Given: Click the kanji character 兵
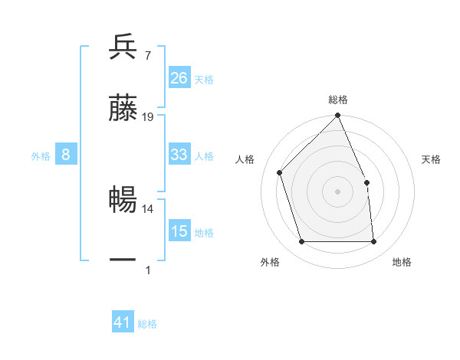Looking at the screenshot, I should coord(123,47).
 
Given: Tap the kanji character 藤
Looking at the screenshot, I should coord(123,109).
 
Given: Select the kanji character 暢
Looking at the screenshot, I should coord(123,200).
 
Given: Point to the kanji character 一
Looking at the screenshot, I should coord(123,260).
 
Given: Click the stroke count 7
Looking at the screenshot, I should coord(147,56).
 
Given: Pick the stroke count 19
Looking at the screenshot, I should coord(148,117).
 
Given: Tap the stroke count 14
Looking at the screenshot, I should coord(148,208).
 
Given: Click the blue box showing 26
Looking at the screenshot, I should coord(179,78).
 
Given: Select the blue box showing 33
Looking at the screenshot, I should coord(179,155).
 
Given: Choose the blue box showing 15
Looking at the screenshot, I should coord(179,231).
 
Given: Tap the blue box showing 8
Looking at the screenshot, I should coord(66,155).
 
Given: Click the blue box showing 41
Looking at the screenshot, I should coord(123,322).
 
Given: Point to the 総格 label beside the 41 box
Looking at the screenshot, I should coord(148,324).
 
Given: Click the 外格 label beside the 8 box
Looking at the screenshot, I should coord(41,156).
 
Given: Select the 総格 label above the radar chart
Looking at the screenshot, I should coord(338,100).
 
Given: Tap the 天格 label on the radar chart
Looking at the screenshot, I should coord(432,159).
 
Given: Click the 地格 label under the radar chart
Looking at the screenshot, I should coord(402,262).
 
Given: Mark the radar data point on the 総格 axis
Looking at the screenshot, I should coord(338,116).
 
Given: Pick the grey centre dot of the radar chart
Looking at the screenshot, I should coord(338,191).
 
